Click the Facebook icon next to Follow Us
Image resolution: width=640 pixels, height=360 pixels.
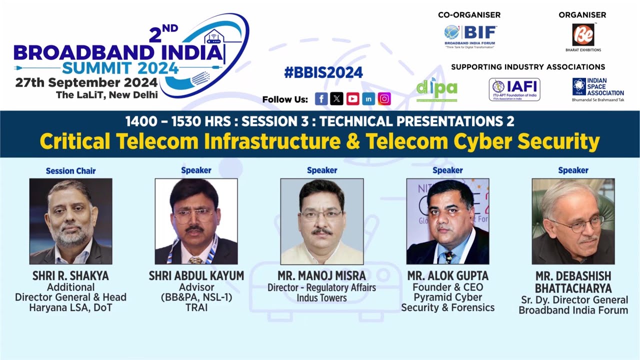(x=321, y=99)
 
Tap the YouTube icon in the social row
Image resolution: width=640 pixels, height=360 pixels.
(x=352, y=99)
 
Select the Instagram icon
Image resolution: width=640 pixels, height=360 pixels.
(x=384, y=99)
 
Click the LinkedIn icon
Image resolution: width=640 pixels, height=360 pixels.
(x=368, y=99)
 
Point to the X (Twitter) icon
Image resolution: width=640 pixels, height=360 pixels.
(x=336, y=99)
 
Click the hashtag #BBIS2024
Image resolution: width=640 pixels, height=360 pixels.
(x=323, y=72)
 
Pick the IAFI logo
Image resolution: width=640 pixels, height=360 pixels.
(x=514, y=89)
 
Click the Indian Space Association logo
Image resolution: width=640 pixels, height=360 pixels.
(x=598, y=89)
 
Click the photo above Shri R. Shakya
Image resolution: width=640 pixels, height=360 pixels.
(x=71, y=221)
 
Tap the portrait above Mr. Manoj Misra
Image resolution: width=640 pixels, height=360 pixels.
(x=321, y=221)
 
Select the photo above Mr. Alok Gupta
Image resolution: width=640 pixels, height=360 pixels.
(x=447, y=221)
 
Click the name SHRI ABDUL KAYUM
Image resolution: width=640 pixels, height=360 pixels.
(x=196, y=276)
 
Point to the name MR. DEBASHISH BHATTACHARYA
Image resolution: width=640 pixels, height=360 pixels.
(x=573, y=282)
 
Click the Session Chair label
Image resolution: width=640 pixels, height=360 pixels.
(x=70, y=171)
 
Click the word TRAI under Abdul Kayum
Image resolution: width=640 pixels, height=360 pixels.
(x=196, y=308)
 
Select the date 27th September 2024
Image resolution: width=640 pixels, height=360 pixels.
(x=86, y=82)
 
